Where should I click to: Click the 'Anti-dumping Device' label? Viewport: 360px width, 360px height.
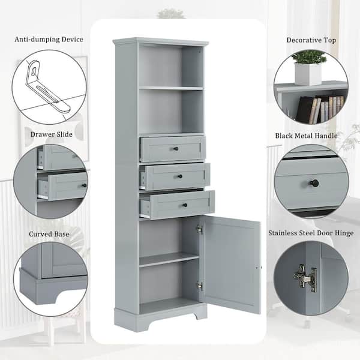click(x=49, y=40)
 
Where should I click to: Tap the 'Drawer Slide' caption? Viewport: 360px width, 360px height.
click(x=52, y=134)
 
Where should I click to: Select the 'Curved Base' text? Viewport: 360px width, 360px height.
click(x=49, y=234)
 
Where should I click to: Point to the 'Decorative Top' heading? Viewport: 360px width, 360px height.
click(x=311, y=40)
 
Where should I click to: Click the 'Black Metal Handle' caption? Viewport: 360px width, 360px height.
click(x=307, y=136)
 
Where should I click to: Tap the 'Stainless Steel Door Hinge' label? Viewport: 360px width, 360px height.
click(x=311, y=233)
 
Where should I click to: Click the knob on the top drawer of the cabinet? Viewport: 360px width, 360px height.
click(x=176, y=149)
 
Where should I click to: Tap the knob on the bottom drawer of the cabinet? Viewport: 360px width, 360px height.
click(x=185, y=205)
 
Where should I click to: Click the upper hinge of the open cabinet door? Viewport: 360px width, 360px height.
click(x=199, y=229)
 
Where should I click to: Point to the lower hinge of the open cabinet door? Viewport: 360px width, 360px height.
click(x=199, y=286)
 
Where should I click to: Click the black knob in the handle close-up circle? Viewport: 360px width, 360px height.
click(x=314, y=183)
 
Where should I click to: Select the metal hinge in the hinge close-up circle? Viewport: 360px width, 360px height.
click(x=305, y=278)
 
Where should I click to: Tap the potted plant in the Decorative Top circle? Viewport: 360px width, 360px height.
click(x=308, y=68)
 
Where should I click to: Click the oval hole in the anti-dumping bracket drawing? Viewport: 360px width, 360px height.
click(x=34, y=71)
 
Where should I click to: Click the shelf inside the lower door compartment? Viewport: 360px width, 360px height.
click(x=169, y=259)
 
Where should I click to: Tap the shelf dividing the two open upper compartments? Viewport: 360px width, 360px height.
click(x=171, y=88)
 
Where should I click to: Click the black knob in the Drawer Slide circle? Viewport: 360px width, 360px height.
click(x=84, y=185)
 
